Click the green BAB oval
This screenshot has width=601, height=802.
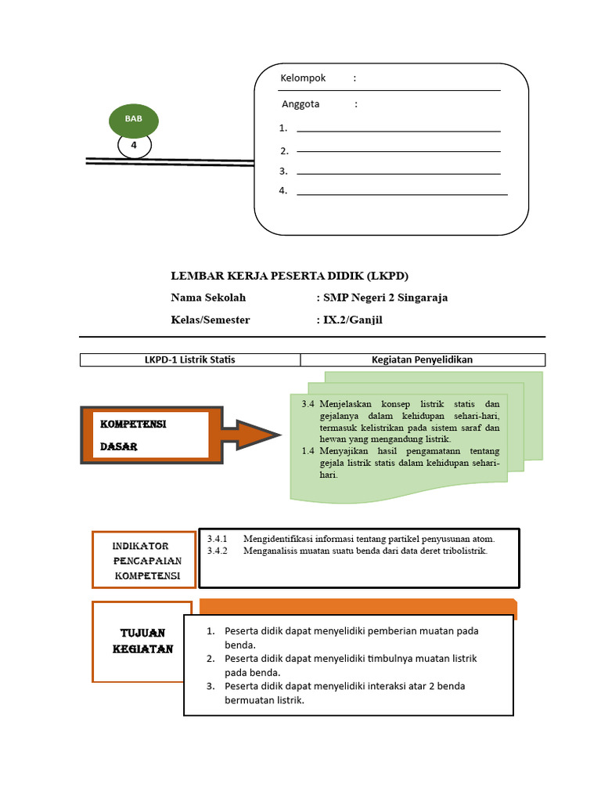click(x=135, y=120)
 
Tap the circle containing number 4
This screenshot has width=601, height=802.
click(x=135, y=146)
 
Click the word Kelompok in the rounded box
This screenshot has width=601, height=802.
click(x=303, y=78)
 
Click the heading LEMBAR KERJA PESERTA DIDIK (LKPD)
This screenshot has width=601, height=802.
click(x=290, y=276)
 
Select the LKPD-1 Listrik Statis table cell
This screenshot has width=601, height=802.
click(x=190, y=359)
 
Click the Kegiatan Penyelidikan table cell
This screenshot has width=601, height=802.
click(x=422, y=359)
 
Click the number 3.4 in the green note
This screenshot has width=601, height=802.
click(x=308, y=403)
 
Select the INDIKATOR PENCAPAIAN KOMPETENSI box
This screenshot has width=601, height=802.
click(x=142, y=559)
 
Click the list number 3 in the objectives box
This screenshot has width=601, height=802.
click(x=211, y=686)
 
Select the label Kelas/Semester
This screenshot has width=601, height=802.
click(x=211, y=320)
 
